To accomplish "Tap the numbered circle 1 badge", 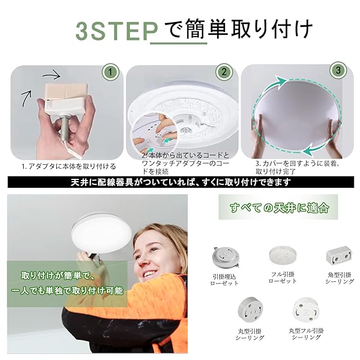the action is pyautogui.click(x=110, y=72).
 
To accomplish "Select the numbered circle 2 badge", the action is pyautogui.click(x=224, y=72).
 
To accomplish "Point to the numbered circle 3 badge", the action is pyautogui.click(x=338, y=70).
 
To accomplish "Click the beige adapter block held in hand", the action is pyautogui.click(x=66, y=92).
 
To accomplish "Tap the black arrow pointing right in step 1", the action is pyautogui.click(x=51, y=75).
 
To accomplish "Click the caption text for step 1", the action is pyautogui.click(x=69, y=166).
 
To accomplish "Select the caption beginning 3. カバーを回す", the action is pyautogui.click(x=298, y=168).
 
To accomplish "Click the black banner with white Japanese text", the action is pyautogui.click(x=181, y=182).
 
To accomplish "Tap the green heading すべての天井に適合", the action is pyautogui.click(x=279, y=208).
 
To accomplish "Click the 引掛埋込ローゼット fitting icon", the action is pyautogui.click(x=226, y=258).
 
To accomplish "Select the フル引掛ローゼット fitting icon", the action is pyautogui.click(x=282, y=256).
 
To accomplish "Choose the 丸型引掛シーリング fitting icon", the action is pyautogui.click(x=250, y=311).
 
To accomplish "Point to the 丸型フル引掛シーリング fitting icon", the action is pyautogui.click(x=306, y=310).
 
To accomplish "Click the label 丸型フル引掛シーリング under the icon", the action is pyautogui.click(x=306, y=334).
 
